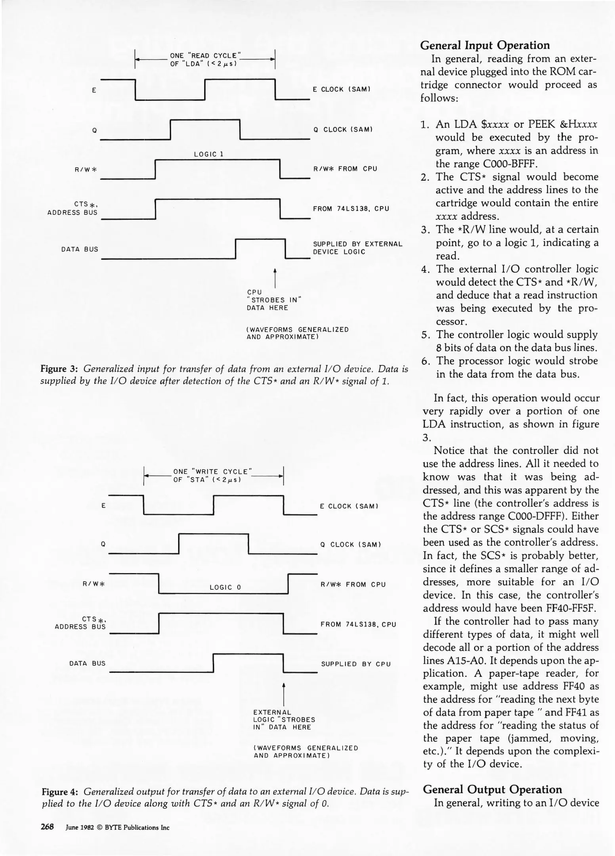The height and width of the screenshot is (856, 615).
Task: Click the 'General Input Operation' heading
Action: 485,45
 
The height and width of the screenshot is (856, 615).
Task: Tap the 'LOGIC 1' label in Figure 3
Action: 209,154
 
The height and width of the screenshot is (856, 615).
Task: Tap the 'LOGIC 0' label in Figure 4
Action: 225,587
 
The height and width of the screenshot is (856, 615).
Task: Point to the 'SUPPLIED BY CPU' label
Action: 355,664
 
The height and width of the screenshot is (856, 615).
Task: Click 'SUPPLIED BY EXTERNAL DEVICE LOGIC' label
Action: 357,248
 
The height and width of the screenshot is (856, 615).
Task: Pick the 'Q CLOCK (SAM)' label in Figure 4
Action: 350,545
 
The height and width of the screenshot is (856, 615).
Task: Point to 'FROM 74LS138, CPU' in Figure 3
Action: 351,208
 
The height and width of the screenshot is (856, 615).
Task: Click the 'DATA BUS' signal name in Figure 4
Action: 87,663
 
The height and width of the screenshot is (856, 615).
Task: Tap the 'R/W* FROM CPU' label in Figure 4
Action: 353,585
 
